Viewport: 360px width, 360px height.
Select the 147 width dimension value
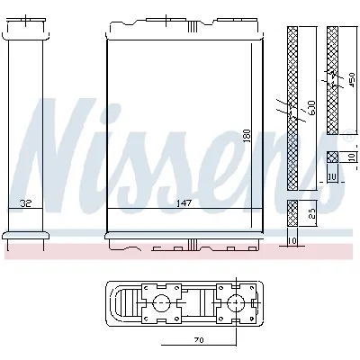click(x=184, y=202)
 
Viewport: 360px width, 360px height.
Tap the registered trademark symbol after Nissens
click(x=346, y=138)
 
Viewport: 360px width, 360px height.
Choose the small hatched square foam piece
click(x=332, y=157)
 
